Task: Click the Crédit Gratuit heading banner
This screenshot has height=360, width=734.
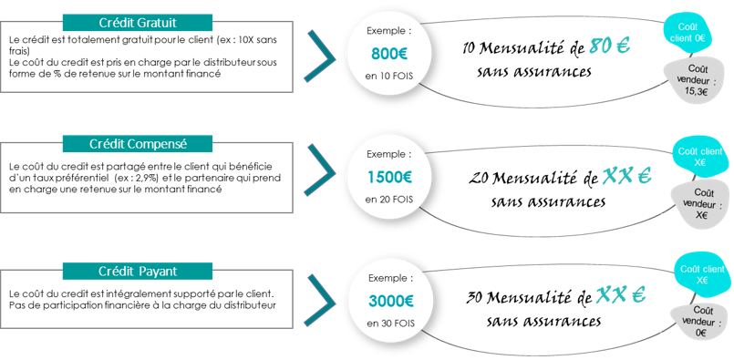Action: click(137, 23)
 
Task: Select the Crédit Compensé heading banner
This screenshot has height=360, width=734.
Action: click(137, 144)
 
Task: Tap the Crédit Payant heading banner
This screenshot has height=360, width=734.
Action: click(137, 272)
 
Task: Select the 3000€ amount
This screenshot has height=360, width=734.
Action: click(390, 301)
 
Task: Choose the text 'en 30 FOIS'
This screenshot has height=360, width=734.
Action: click(390, 324)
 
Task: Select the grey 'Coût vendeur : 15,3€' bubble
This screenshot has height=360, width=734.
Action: click(697, 80)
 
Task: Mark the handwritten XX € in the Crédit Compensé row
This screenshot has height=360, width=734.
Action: click(627, 175)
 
